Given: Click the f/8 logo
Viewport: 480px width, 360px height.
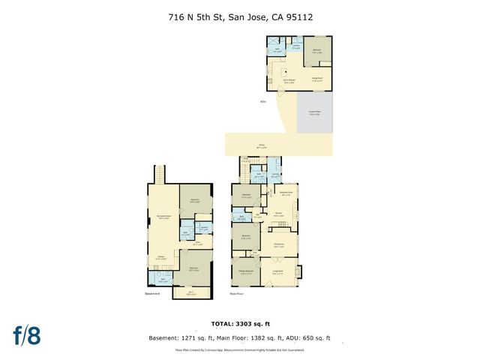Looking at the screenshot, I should (x=26, y=335).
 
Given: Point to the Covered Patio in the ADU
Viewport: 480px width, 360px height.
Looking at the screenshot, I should (x=314, y=113).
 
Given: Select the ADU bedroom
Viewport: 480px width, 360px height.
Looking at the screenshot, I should (x=317, y=53).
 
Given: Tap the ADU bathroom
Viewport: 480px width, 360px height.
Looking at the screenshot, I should (x=277, y=50).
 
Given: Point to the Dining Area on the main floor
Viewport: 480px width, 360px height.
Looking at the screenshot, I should (x=278, y=244).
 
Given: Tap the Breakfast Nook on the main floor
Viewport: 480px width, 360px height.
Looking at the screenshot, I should (x=286, y=192).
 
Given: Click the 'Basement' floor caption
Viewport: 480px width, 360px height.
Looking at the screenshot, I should (x=152, y=294).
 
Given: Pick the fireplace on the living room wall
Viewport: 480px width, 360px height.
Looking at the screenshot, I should (x=298, y=271).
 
